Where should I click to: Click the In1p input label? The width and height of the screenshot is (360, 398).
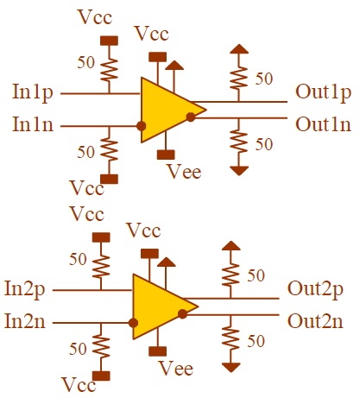pyautogui.click(x=34, y=92)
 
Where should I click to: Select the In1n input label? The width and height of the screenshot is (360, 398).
pyautogui.click(x=34, y=125)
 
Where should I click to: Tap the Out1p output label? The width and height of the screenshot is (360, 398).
pyautogui.click(x=323, y=92)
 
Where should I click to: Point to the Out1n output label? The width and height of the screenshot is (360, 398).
pyautogui.click(x=323, y=123)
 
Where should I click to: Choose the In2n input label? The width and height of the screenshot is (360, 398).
pyautogui.click(x=27, y=321)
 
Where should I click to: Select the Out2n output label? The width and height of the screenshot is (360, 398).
pyautogui.click(x=315, y=321)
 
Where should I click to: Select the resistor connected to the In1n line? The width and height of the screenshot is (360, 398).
pyautogui.click(x=109, y=149)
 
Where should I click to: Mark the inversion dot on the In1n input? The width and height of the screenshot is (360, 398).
pyautogui.click(x=142, y=126)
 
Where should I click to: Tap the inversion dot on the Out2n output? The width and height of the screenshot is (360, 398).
pyautogui.click(x=182, y=313)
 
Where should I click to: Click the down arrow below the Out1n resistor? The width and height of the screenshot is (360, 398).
pyautogui.click(x=236, y=170)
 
